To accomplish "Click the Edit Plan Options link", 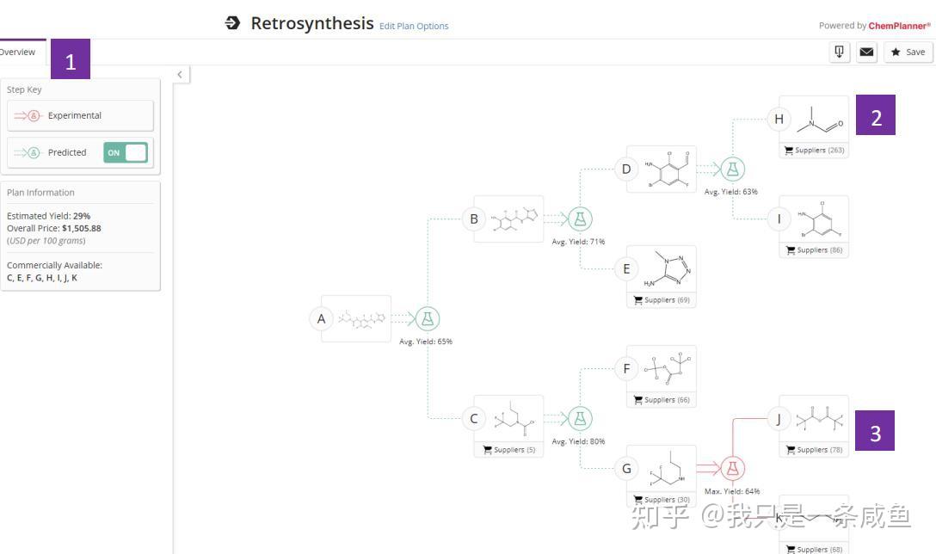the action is click(414, 26).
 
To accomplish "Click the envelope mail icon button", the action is click(866, 52).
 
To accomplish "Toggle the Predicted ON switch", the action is click(126, 152).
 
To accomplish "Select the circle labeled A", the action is click(322, 318).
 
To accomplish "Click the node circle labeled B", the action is click(473, 219).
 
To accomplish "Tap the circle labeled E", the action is click(626, 268).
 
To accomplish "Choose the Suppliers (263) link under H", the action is click(814, 151).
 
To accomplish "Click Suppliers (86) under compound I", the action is click(814, 250).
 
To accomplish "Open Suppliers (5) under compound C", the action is click(509, 450).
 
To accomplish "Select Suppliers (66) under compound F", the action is click(662, 400).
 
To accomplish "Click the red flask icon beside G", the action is click(732, 468).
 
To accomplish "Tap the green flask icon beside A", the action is click(428, 318).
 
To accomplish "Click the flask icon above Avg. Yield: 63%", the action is click(732, 169).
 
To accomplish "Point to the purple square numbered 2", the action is click(875, 115).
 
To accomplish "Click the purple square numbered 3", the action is click(875, 431).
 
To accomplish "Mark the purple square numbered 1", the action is click(71, 59).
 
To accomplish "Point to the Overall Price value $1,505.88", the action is click(81, 229).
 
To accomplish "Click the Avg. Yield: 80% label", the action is click(578, 442).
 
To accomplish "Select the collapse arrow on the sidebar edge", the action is click(180, 75).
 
